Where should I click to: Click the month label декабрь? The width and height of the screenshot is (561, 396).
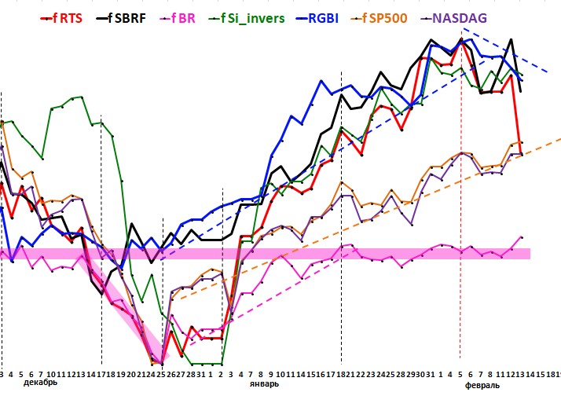click(40, 383)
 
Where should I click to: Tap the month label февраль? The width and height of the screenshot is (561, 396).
click(482, 386)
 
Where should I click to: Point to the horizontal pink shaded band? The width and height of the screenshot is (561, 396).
click(314, 253)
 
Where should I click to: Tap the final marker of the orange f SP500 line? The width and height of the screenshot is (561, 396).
click(521, 142)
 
